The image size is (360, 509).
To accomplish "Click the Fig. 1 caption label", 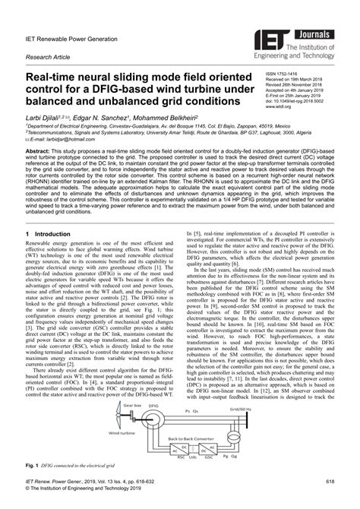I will (x=33, y=484).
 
